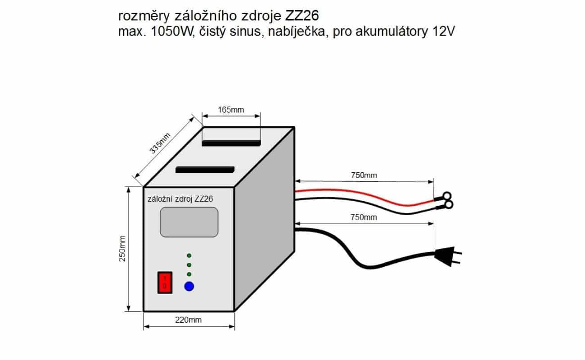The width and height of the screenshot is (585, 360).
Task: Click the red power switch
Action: click(x=165, y=283)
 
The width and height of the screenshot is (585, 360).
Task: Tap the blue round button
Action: click(x=189, y=286)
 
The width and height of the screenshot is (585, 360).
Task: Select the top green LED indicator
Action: click(x=189, y=256)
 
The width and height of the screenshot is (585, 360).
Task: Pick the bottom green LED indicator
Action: click(x=189, y=274)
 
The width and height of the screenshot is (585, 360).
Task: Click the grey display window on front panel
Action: click(x=189, y=222)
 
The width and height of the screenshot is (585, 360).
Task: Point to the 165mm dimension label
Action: click(x=231, y=110)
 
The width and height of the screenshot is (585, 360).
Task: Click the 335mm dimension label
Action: click(x=160, y=143)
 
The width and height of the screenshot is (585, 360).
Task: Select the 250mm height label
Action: click(x=122, y=248)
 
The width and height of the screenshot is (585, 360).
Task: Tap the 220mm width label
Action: click(x=188, y=320)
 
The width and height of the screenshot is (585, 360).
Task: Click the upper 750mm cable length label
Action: click(x=364, y=175)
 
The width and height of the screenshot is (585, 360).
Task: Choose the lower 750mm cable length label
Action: click(x=364, y=217)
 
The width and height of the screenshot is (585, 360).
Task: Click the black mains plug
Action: click(x=448, y=256)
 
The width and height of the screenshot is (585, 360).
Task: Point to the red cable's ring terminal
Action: click(x=446, y=196)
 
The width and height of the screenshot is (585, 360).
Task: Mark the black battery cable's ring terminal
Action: click(x=448, y=205)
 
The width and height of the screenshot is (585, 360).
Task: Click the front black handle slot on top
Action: click(x=205, y=170)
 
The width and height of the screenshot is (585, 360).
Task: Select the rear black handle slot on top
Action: click(x=231, y=143)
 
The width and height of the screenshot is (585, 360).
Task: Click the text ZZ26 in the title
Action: click(x=301, y=16)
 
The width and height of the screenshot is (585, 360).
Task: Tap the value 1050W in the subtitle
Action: click(x=173, y=31)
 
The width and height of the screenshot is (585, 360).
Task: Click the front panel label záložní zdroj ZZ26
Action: click(x=180, y=199)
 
